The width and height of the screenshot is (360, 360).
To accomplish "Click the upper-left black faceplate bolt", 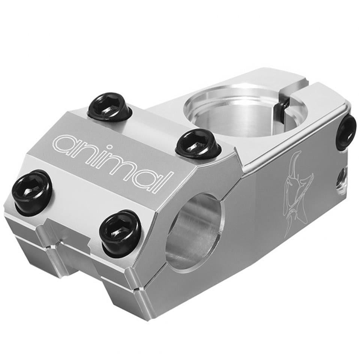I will pos(106,106).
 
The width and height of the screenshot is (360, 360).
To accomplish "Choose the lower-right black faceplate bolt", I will pos(121,228).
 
